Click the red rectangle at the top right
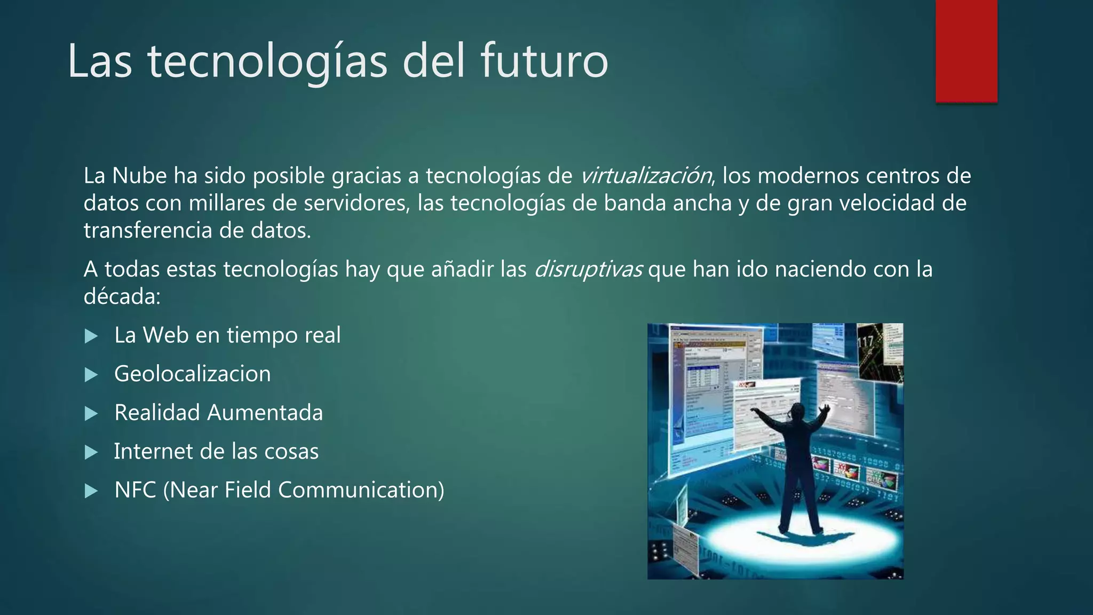click(966, 51)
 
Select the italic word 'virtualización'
click(645, 176)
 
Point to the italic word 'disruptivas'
click(588, 269)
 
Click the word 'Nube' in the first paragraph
click(139, 176)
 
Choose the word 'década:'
click(122, 296)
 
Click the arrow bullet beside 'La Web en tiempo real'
click(92, 336)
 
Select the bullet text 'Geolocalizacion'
click(192, 374)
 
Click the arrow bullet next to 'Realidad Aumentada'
click(92, 414)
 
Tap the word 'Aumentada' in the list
click(265, 413)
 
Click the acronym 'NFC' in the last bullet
click(135, 490)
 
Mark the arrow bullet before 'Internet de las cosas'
click(92, 453)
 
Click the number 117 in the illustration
click(865, 342)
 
